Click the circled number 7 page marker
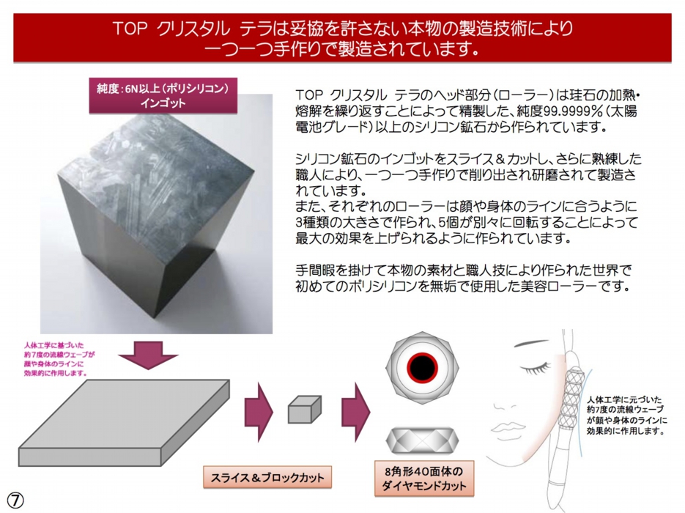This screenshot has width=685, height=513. tap(15, 501)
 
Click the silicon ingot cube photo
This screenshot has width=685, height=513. tap(156, 214)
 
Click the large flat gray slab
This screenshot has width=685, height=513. tap(124, 423)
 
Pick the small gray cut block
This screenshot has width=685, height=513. tap(305, 410)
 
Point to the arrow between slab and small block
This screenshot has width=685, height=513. tap(259, 412)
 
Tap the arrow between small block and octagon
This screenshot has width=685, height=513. tap(355, 412)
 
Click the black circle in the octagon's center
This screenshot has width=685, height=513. tap(422, 367)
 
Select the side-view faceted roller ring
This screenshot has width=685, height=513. tap(422, 440)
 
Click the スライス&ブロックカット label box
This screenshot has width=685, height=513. tap(267, 477)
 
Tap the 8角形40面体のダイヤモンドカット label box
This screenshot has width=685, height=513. tap(423, 479)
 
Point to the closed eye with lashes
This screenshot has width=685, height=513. tap(536, 367)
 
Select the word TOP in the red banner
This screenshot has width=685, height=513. tap(130, 29)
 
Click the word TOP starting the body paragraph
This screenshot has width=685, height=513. tap(309, 95)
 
